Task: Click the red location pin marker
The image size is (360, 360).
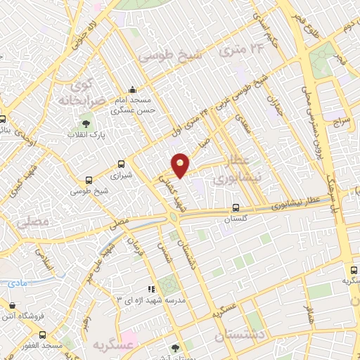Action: (181, 165)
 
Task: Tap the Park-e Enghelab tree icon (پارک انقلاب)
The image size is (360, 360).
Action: (89, 120)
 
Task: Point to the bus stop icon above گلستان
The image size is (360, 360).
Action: (236, 207)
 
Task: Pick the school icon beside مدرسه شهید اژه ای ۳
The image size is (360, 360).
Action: (150, 289)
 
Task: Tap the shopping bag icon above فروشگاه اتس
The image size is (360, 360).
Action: (13, 304)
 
